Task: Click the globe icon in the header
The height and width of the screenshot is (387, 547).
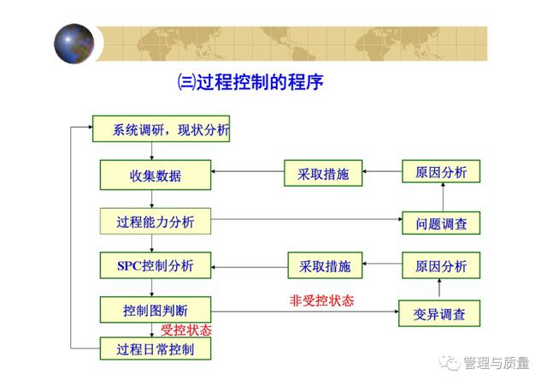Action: [x=74, y=44]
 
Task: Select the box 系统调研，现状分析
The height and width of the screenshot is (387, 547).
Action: [x=161, y=128]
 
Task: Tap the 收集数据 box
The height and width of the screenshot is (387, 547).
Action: [x=156, y=175]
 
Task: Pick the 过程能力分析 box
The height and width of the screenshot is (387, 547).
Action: [x=156, y=221]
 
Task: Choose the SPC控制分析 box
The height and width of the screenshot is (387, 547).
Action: [x=156, y=265]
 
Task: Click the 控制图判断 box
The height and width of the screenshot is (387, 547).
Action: [x=156, y=310]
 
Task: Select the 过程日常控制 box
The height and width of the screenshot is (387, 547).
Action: [x=156, y=348]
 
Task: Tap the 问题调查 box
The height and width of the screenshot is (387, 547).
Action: [x=441, y=223]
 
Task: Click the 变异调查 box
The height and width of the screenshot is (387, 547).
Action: [x=439, y=313]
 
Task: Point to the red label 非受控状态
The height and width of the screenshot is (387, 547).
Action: [x=321, y=301]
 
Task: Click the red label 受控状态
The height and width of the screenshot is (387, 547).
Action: [x=186, y=330]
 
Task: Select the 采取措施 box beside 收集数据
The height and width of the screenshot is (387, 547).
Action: [x=323, y=173]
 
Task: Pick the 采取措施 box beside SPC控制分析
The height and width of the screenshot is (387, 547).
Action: [x=325, y=265]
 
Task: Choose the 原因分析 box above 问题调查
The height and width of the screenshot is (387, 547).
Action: [x=441, y=171]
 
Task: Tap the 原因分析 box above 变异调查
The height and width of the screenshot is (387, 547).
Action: [x=441, y=265]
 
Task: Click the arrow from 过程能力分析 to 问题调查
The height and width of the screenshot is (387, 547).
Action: [x=307, y=219]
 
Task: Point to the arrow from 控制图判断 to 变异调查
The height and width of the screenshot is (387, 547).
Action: [x=305, y=312]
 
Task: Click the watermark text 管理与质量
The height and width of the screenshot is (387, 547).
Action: [x=496, y=363]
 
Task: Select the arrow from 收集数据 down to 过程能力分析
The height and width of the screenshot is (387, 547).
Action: [x=152, y=199]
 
